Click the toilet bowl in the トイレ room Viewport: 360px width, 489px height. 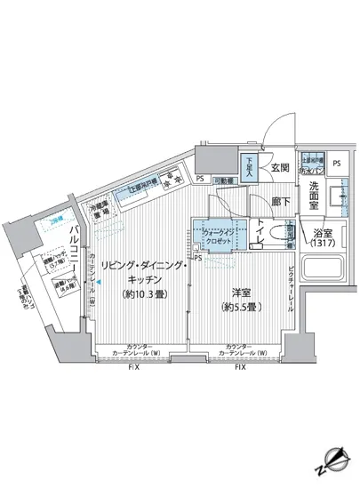[278, 234]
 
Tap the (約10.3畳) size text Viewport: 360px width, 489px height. [140, 294]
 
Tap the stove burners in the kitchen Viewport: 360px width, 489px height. [168, 183]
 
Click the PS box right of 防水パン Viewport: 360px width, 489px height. [335, 164]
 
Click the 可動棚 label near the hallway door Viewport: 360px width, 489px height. [223, 180]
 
